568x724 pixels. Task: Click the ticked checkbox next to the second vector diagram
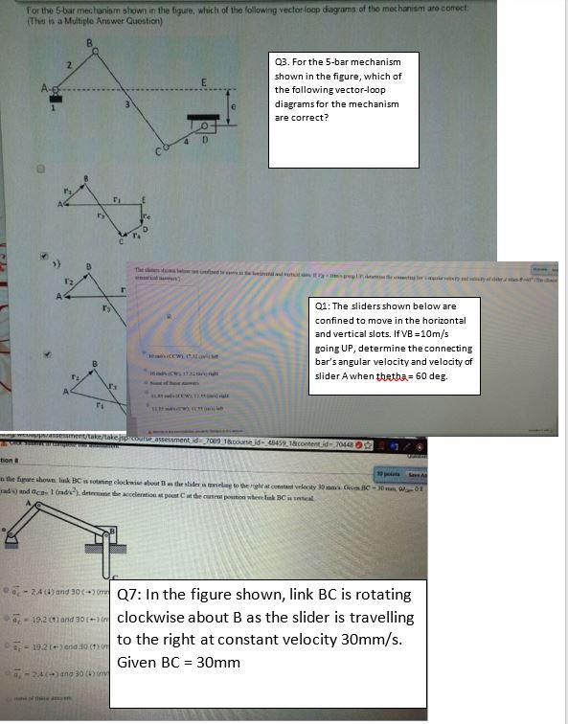40,257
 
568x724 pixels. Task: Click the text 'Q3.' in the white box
283,61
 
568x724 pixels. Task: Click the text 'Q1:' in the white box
326,305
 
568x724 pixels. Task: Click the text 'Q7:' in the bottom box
131,594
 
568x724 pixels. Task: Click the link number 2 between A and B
69,63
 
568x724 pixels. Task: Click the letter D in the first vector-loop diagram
147,230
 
